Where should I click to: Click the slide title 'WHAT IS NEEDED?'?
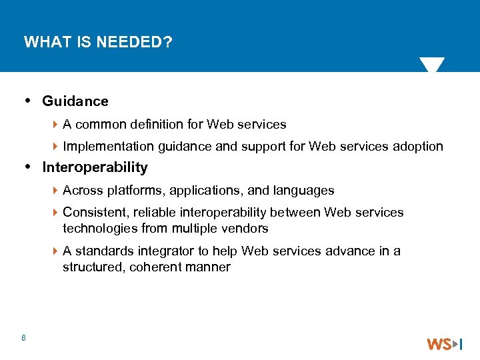tap(98, 43)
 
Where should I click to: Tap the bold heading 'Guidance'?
tap(75, 101)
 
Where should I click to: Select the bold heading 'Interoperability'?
tap(95, 167)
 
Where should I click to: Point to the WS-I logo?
tap(445, 344)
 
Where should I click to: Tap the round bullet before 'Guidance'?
tap(27, 101)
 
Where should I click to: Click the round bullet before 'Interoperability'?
tap(27, 167)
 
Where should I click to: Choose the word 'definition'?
tap(161, 125)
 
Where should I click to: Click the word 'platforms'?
tap(135, 191)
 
